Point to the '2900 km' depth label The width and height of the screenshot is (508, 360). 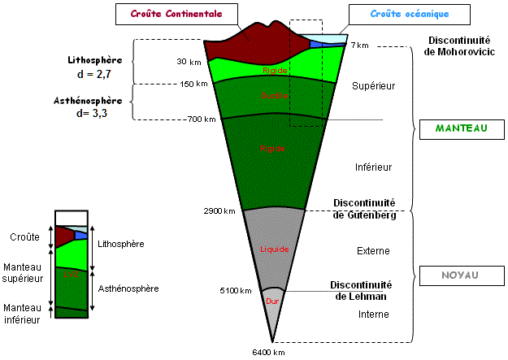click(x=219, y=211)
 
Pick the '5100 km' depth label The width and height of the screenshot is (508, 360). click(x=237, y=290)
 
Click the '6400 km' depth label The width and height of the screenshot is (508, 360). click(x=268, y=353)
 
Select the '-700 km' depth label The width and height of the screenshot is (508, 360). click(x=202, y=119)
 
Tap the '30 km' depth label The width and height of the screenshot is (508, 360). click(x=189, y=62)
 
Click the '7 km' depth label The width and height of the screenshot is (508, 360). click(x=360, y=46)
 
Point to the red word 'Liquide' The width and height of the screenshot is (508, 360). click(x=274, y=249)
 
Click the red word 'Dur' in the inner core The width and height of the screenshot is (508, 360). click(x=272, y=301)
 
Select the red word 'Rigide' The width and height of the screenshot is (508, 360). click(x=276, y=71)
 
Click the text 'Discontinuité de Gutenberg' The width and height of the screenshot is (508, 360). click(x=363, y=209)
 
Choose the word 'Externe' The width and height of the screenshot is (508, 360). click(x=373, y=250)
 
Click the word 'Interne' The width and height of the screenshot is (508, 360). click(x=373, y=314)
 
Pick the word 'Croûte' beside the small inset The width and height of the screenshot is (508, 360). click(x=24, y=237)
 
